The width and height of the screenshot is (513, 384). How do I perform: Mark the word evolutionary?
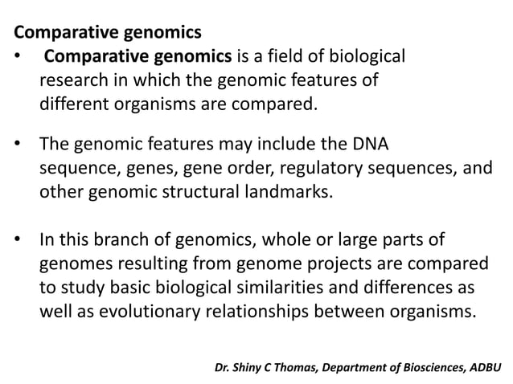tap(142, 308)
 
